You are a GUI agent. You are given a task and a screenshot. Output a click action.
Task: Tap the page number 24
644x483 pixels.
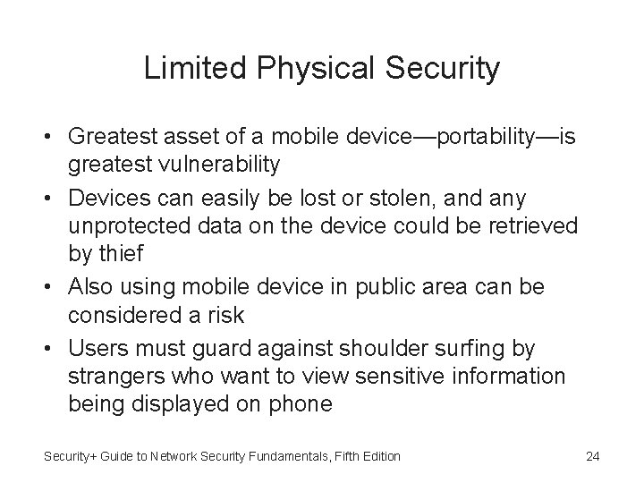[592, 456]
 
